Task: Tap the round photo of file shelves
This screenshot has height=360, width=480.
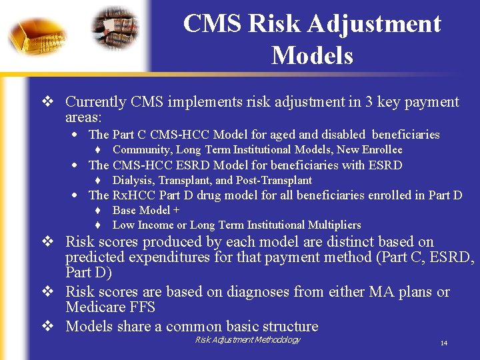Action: [x=115, y=31]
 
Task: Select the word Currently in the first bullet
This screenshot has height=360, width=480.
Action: [x=95, y=102]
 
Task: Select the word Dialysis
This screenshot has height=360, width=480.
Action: [x=133, y=180]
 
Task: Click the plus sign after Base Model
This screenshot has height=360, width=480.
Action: [x=176, y=210]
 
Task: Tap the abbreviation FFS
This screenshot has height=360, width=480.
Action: [x=143, y=307]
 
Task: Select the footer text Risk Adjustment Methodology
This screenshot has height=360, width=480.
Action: [x=247, y=340]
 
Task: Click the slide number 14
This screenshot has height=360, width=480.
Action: [x=443, y=343]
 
